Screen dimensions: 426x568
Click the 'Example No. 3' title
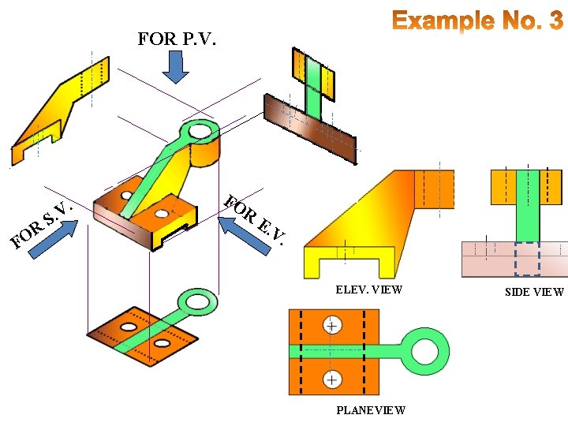[x=478, y=21]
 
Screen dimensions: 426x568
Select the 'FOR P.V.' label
[x=177, y=39]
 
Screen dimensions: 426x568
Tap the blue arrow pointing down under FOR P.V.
[x=177, y=69]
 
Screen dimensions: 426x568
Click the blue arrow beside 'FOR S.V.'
[x=54, y=239]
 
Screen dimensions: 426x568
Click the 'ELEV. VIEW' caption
[x=368, y=290]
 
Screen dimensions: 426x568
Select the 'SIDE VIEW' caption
[x=535, y=292]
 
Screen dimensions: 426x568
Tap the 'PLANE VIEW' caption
[x=371, y=410]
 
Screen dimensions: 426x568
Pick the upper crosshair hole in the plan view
[x=333, y=326]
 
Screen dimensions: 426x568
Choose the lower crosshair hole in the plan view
[x=333, y=380]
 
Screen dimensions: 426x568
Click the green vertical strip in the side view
[x=527, y=205]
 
